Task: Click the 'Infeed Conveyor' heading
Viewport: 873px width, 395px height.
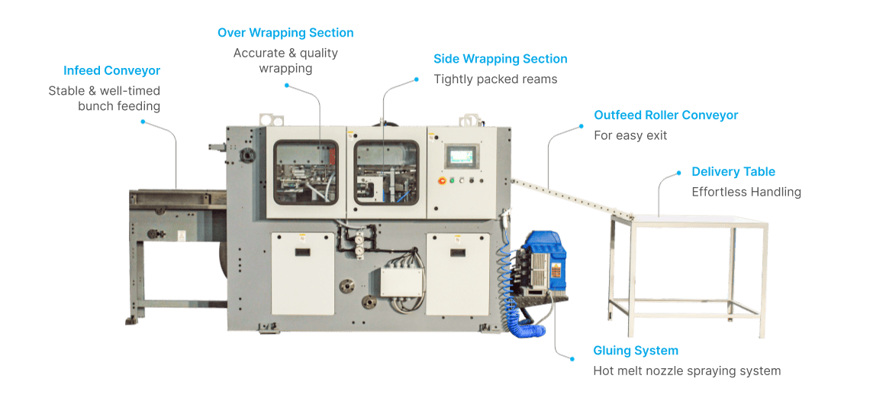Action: click(112, 71)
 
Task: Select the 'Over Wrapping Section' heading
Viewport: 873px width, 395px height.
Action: click(285, 33)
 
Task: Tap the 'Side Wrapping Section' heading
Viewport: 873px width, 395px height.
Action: click(501, 59)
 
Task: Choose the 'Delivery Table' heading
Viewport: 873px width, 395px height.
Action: click(733, 172)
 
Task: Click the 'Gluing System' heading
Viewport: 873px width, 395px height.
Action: click(636, 351)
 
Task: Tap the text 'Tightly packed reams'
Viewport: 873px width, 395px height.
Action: click(495, 79)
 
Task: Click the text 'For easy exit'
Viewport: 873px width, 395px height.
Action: click(630, 135)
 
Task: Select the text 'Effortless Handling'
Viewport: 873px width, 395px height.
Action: click(746, 193)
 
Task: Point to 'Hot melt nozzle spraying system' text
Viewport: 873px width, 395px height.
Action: click(687, 371)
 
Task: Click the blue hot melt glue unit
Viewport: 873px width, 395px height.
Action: click(543, 260)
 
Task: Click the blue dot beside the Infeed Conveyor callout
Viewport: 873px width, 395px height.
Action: click(143, 121)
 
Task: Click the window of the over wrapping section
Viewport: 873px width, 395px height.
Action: click(306, 172)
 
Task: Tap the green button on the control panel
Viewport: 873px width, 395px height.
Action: click(452, 180)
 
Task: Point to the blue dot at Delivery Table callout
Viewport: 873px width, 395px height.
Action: click(678, 173)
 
